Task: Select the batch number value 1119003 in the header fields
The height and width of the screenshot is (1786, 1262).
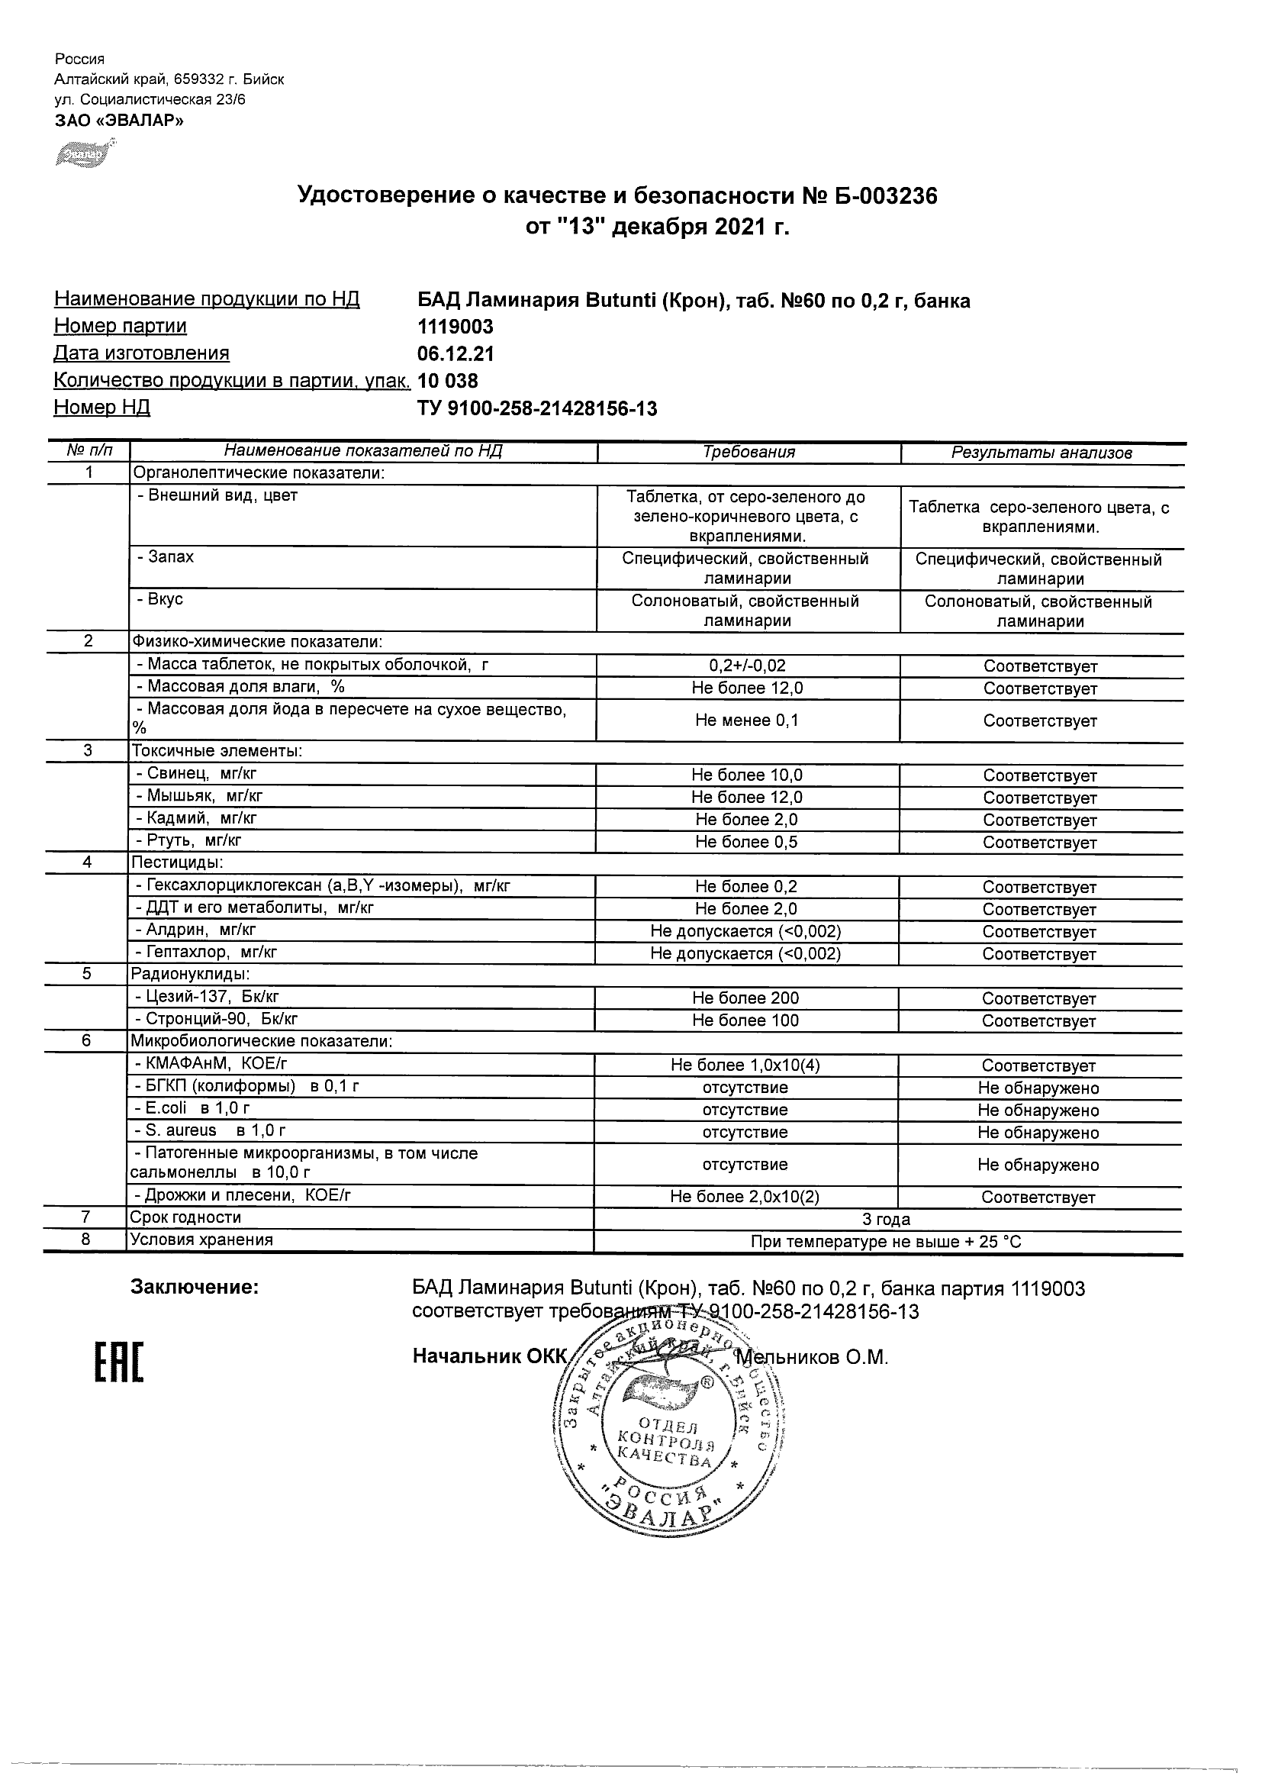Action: pos(455,327)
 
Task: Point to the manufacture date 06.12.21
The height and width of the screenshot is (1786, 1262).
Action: pos(455,354)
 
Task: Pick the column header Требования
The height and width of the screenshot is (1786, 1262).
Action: pos(749,452)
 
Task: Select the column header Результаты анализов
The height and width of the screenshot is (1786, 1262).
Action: pos(1041,453)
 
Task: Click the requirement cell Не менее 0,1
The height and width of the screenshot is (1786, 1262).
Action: pos(746,721)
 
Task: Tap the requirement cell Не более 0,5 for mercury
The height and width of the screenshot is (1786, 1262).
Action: pos(746,842)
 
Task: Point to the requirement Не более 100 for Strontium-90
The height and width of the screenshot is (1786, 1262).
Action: pos(745,1020)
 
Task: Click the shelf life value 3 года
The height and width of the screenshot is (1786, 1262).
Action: pos(887,1219)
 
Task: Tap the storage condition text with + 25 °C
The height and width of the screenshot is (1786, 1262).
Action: pos(887,1242)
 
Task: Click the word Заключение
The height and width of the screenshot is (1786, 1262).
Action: pos(195,1288)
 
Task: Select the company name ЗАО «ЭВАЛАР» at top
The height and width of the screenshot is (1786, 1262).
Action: pos(119,120)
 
